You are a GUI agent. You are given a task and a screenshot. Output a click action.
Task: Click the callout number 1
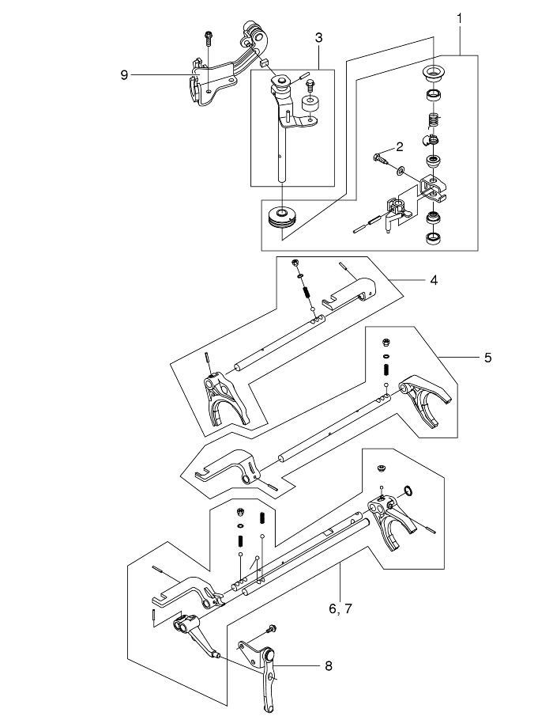[x=460, y=17]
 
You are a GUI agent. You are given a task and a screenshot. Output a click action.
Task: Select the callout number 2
[x=400, y=146]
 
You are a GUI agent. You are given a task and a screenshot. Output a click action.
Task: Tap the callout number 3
[x=318, y=37]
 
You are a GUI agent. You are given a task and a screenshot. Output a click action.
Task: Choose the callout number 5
[x=487, y=357]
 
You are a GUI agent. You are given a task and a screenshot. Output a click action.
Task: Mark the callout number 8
[x=328, y=665]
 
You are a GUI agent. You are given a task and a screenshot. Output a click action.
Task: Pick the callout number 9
[x=124, y=74]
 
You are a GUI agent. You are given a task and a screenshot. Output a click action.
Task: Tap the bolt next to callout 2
[x=379, y=161]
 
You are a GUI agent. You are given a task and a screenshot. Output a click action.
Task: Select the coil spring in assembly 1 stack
[x=433, y=120]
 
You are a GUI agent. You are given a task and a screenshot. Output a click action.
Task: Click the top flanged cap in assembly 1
[x=433, y=75]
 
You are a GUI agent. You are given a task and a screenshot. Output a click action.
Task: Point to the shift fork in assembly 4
[x=226, y=399]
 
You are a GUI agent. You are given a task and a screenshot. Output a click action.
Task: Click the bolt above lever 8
[x=270, y=629]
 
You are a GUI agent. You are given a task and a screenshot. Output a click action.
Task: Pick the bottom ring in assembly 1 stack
[x=433, y=237]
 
